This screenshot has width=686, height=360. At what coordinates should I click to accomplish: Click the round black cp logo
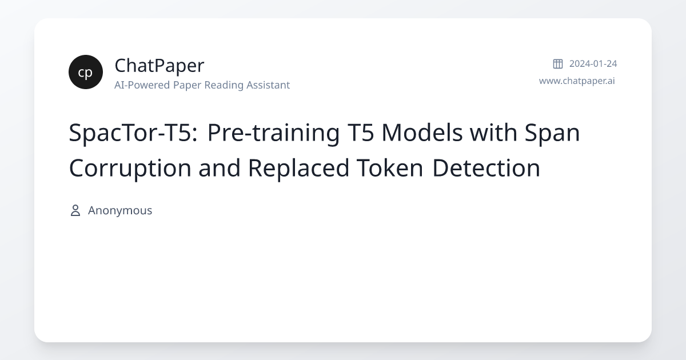86,72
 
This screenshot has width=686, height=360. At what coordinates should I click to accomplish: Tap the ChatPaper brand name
159,66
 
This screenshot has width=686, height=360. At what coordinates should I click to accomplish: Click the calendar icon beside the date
558,63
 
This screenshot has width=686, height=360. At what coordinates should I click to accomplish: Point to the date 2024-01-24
593,63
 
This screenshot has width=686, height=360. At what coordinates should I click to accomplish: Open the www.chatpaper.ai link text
577,81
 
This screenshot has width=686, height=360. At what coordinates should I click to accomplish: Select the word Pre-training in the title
272,133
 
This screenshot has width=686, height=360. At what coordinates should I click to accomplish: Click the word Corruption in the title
129,168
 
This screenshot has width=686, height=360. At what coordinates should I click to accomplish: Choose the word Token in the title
390,168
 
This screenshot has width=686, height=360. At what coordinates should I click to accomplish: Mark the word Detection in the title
486,168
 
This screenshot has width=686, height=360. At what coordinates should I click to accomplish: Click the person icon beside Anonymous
75,210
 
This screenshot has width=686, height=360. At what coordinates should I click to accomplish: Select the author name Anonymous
120,210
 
